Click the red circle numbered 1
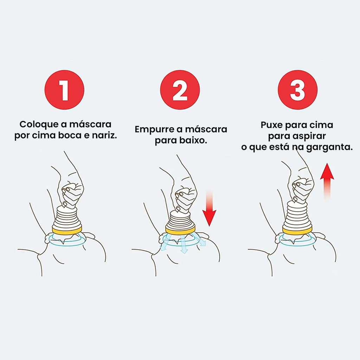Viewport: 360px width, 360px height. tap(64, 90)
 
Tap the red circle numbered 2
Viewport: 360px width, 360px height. tap(180, 90)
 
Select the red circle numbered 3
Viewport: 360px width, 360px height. tap(297, 90)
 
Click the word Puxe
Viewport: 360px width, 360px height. tap(271, 125)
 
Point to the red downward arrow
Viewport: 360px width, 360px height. tap(209, 208)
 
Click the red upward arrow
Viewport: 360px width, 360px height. tap(327, 182)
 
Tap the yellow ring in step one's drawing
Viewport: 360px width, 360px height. tap(67, 230)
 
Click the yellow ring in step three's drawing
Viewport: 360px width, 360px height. tap(297, 230)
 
